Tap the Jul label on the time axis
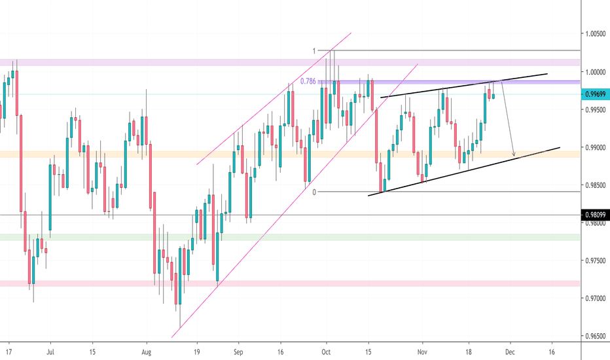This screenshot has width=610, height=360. (x=50, y=351)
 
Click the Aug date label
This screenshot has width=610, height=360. (x=147, y=351)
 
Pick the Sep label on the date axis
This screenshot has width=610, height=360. (x=238, y=351)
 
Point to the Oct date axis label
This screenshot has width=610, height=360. (x=326, y=351)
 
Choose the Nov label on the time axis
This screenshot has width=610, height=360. (x=422, y=351)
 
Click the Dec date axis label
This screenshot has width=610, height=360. (x=510, y=351)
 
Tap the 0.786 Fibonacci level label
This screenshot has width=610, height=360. (x=308, y=81)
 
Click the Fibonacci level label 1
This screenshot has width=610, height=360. (x=314, y=50)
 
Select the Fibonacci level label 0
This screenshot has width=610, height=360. (x=314, y=192)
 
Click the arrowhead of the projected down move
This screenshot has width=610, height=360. (x=514, y=155)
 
